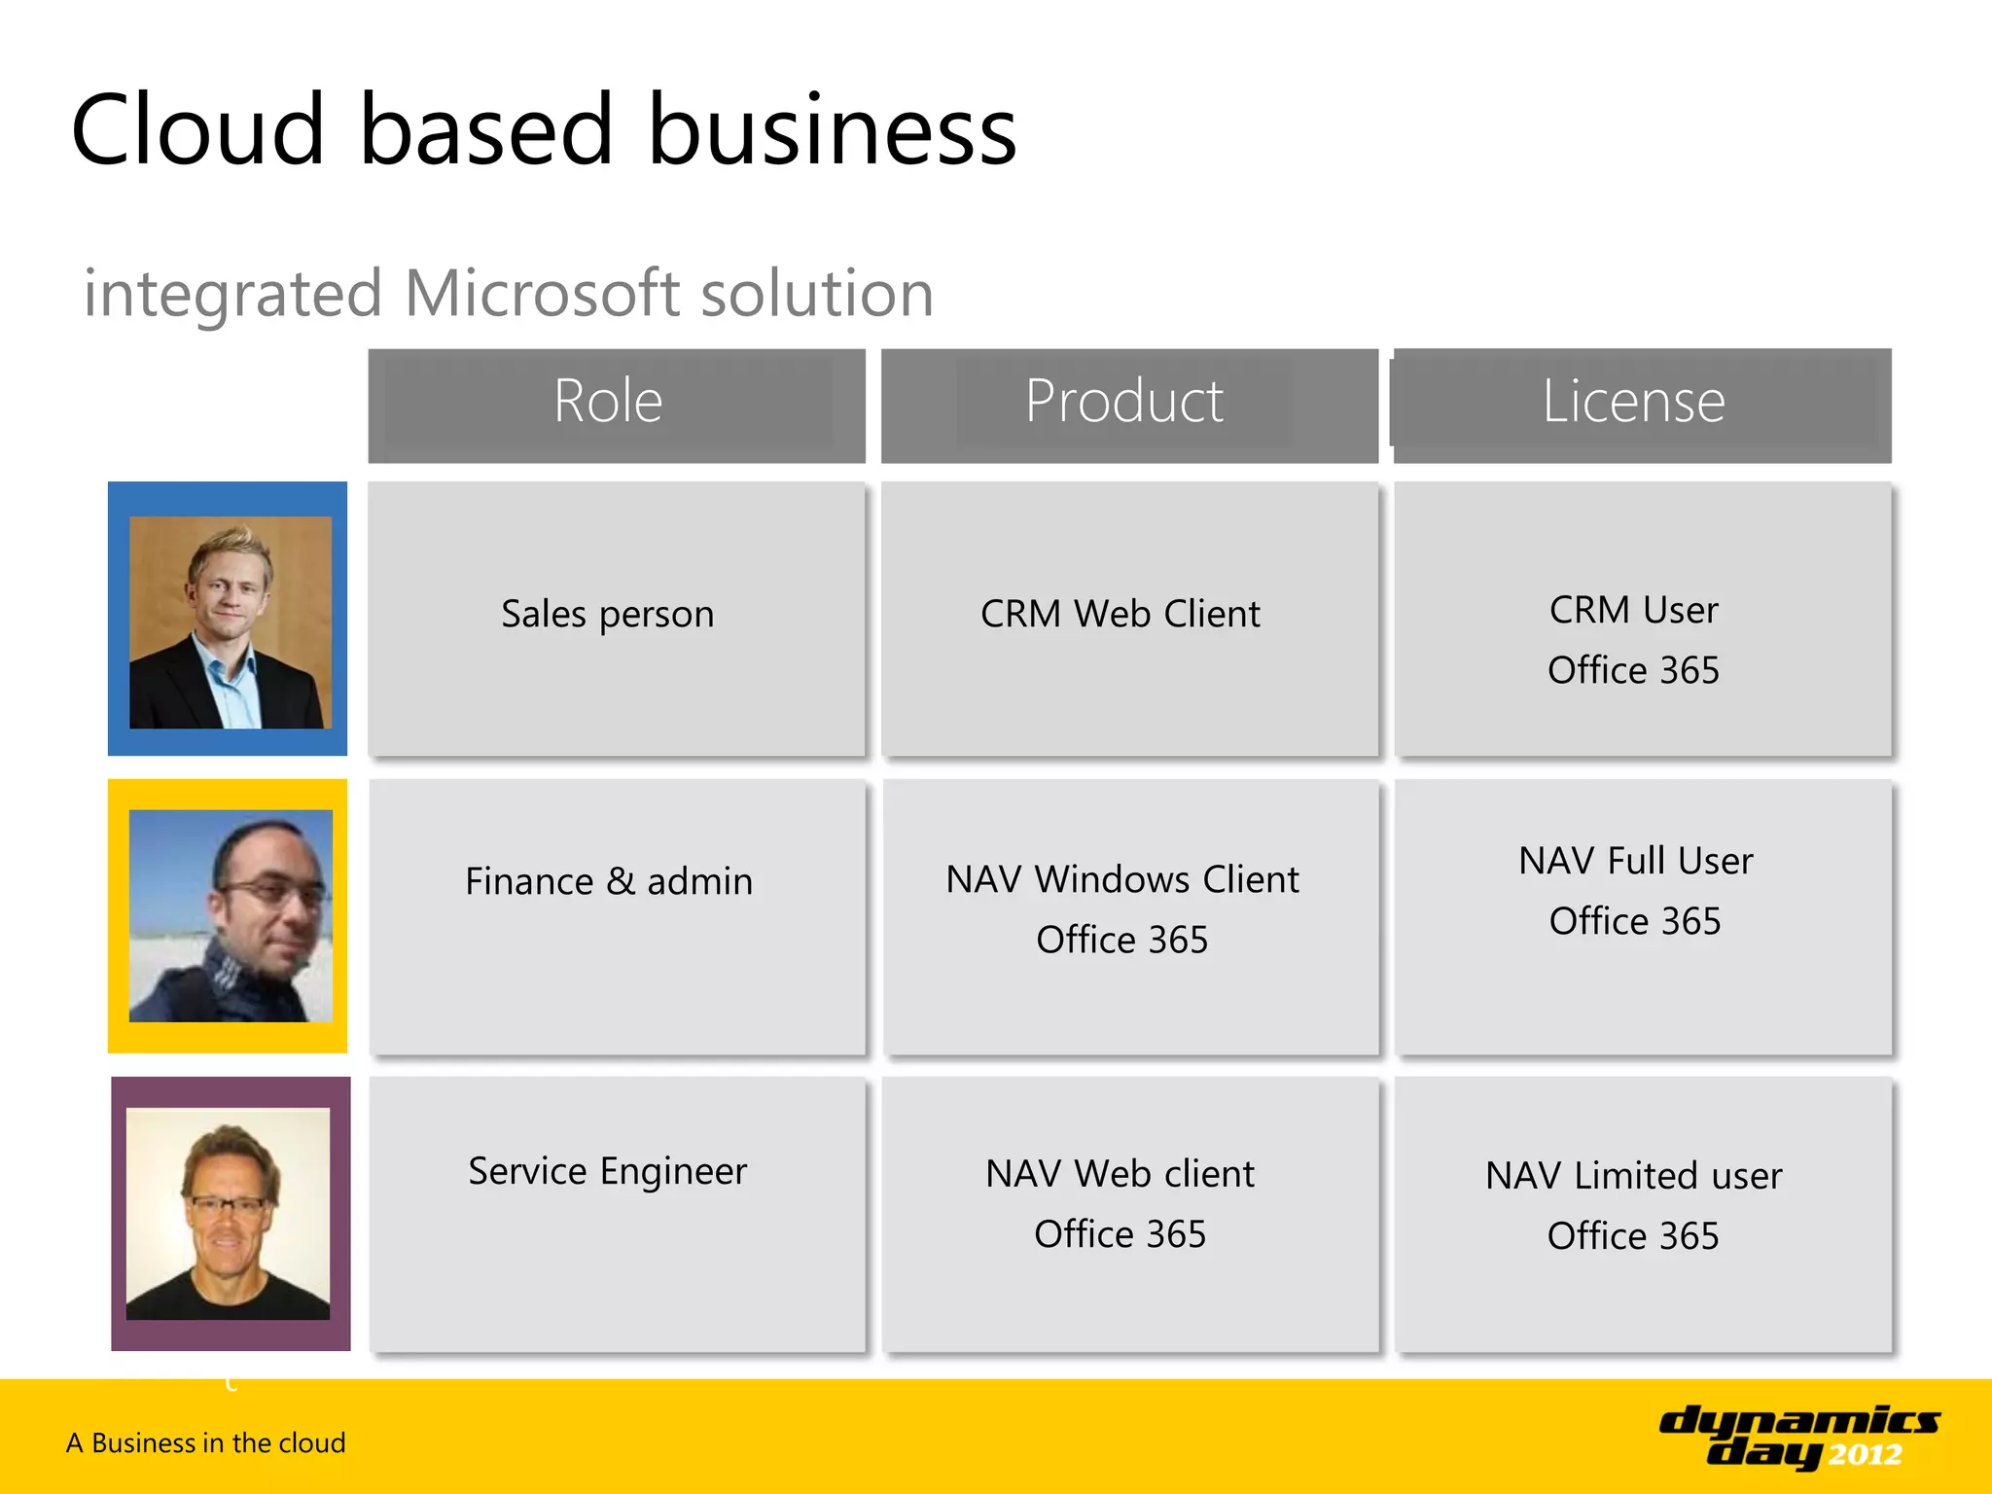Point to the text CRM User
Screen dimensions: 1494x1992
point(1633,611)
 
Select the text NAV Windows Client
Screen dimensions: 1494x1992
point(1121,880)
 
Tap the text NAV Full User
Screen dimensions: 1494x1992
point(1635,862)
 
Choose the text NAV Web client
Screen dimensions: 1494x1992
point(1120,1175)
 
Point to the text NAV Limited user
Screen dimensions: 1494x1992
point(1633,1177)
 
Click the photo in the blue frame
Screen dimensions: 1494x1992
point(231,622)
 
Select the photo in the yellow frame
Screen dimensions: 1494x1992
point(231,916)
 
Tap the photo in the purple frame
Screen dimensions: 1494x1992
point(229,1214)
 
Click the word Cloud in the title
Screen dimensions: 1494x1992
point(197,130)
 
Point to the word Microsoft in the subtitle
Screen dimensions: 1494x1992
point(542,294)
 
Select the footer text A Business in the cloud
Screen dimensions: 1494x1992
point(206,1443)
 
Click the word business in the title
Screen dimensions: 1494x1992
point(833,130)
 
